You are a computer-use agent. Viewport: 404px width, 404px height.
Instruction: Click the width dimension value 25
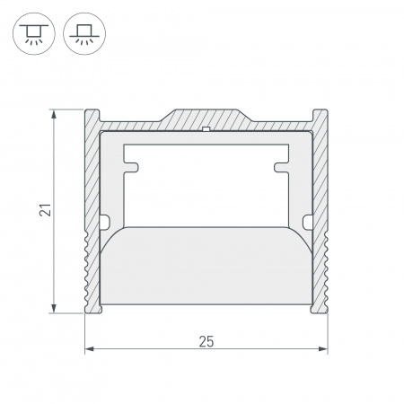point(206,340)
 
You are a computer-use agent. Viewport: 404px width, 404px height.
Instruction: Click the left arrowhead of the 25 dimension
point(89,349)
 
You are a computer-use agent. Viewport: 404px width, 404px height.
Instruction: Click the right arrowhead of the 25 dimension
point(324,349)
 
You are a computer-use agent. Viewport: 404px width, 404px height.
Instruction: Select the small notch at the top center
point(206,131)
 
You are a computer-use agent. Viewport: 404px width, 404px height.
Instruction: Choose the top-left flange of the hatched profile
point(91,118)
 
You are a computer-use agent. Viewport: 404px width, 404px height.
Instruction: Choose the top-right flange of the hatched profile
point(321,118)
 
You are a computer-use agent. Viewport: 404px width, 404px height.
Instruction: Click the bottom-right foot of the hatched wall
point(318,310)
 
